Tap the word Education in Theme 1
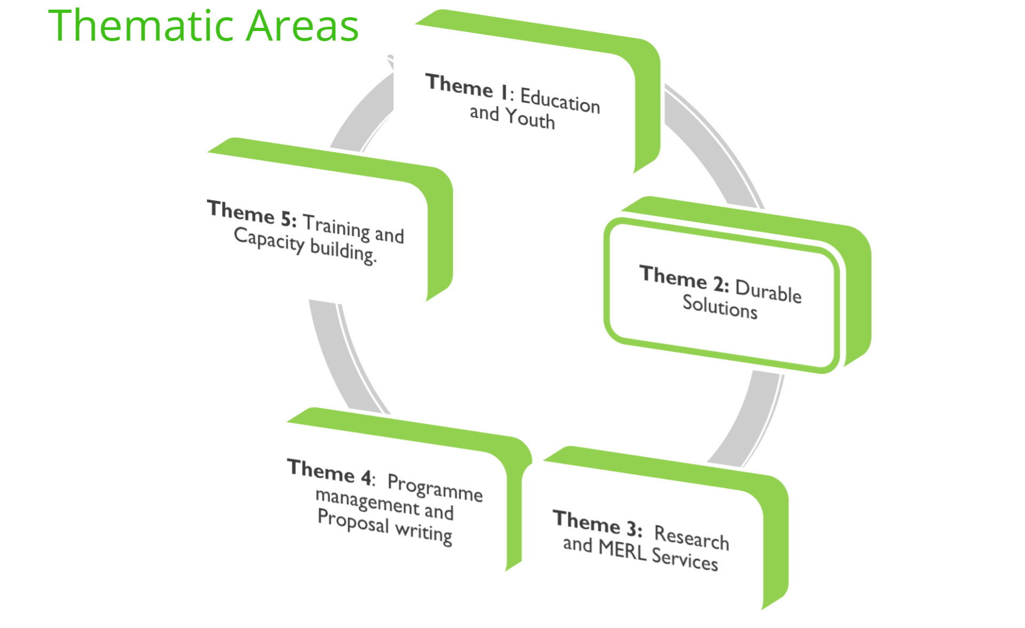point(560,101)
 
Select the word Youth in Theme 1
point(530,119)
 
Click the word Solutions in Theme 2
point(720,307)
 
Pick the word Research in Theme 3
point(691,537)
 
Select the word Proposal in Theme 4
point(353,521)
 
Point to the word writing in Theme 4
point(423,533)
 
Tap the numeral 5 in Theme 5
point(287,218)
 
